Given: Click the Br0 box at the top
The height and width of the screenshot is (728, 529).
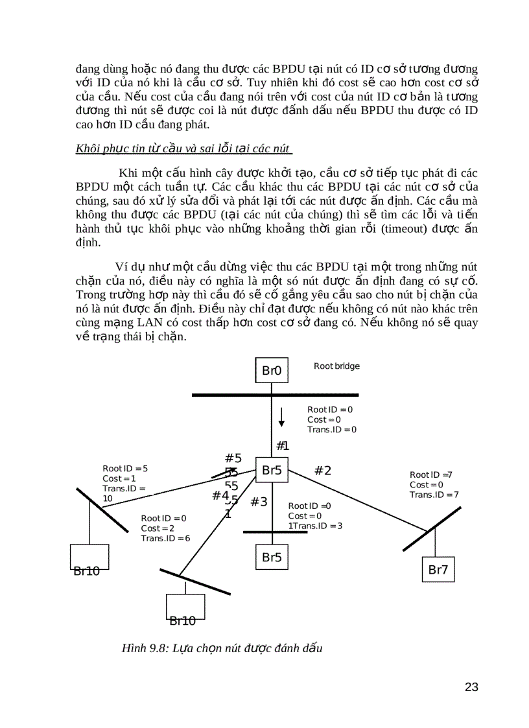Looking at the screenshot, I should (272, 371).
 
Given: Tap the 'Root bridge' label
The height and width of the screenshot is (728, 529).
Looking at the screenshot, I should (336, 366).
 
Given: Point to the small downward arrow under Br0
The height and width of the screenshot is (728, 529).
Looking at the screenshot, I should (281, 417).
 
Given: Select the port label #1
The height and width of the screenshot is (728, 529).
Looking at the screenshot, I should (282, 445).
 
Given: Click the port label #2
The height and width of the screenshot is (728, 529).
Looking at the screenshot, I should (323, 471).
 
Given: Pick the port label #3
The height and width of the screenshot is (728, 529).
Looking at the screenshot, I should (259, 502).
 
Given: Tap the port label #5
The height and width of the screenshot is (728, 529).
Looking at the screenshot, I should (233, 459).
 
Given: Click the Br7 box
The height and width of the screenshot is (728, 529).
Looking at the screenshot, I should (438, 570).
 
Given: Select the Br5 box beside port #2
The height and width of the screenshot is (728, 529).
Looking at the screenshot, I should (272, 471).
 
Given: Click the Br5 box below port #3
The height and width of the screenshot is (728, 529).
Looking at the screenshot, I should (272, 557).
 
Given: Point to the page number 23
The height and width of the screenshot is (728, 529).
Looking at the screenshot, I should (471, 687).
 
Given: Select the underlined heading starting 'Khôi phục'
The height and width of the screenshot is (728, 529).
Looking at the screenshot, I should (183, 148).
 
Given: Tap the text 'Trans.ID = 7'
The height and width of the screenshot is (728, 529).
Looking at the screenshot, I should (434, 495).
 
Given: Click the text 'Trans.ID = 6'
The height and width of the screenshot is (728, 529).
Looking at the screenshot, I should (165, 538).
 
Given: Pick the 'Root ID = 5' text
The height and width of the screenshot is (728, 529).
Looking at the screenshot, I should (125, 468).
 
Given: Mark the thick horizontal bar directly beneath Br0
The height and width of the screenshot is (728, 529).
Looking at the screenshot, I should (275, 395).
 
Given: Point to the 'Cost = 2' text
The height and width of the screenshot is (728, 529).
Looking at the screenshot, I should (158, 528).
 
